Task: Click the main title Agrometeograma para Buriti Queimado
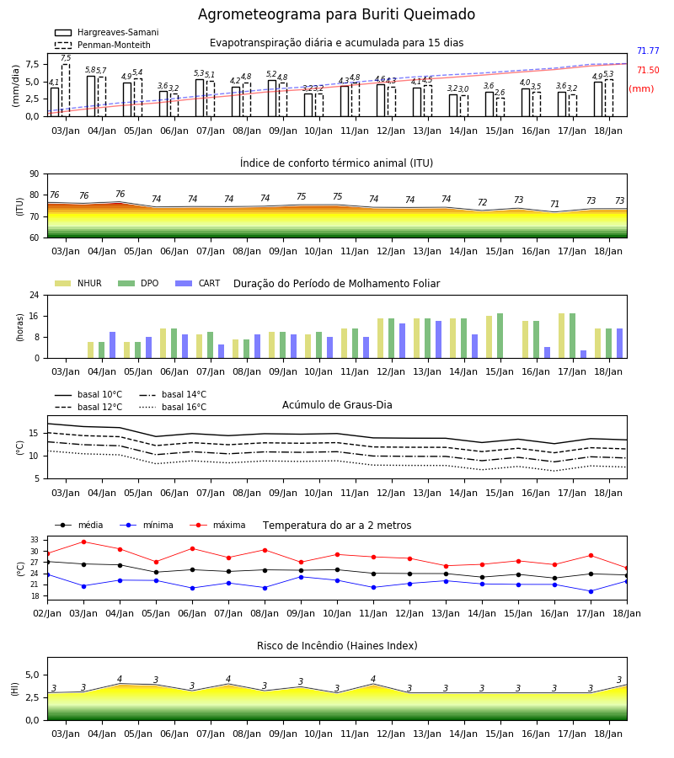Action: (336, 14)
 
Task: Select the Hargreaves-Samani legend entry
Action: (107, 32)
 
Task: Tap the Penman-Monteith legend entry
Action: (103, 45)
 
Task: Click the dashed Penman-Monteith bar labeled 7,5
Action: (66, 90)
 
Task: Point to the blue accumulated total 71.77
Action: (648, 51)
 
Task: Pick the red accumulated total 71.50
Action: (648, 70)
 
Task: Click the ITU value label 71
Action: (554, 204)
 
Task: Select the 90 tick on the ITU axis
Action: (35, 174)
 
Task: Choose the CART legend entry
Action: (198, 283)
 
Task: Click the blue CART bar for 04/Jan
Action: (113, 345)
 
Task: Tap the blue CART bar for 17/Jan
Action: (584, 355)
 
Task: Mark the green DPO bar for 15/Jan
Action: (500, 336)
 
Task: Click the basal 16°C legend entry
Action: (173, 407)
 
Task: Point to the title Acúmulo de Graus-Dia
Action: (337, 405)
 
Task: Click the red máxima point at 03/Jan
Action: (83, 542)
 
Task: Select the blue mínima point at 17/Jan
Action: (591, 591)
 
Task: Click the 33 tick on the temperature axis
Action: (35, 540)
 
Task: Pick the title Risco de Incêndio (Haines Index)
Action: (337, 646)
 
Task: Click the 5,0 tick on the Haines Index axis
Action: (33, 675)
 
